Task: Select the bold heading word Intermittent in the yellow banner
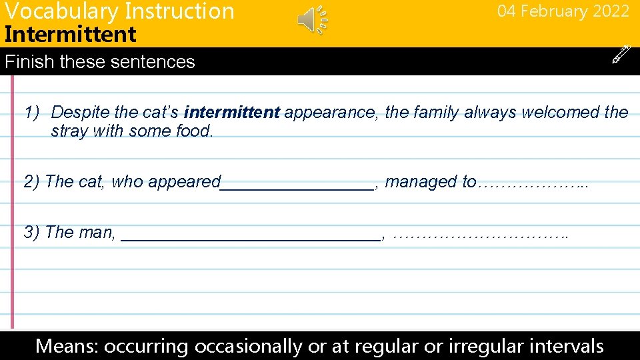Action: coord(70,34)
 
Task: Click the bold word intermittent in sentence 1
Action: coord(231,113)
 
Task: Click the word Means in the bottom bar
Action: coord(65,346)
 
